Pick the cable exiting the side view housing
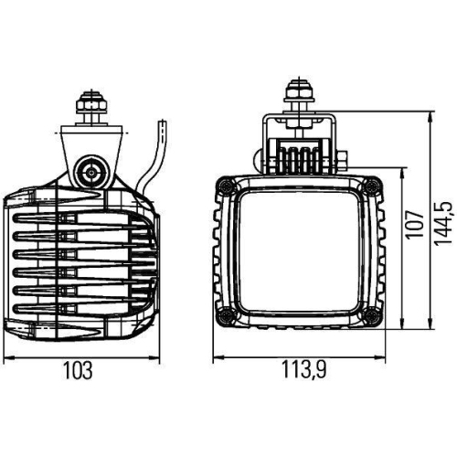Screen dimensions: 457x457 point(155,155)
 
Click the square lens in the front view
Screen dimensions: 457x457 point(295,251)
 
